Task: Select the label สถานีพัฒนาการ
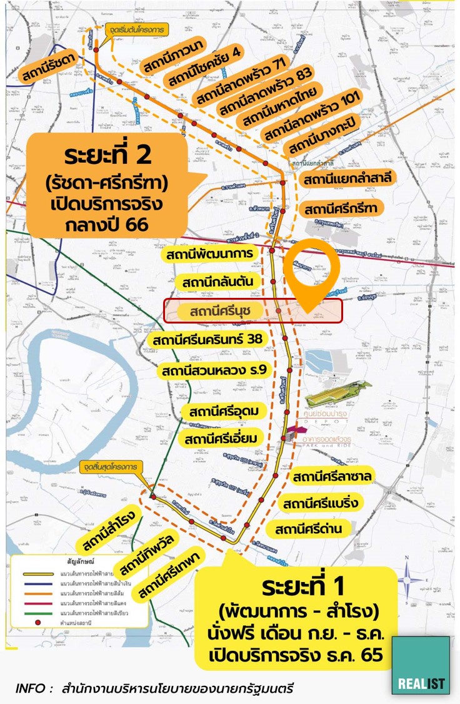tap(209, 254)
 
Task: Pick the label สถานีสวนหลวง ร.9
tap(214, 370)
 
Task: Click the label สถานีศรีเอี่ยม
tap(222, 439)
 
